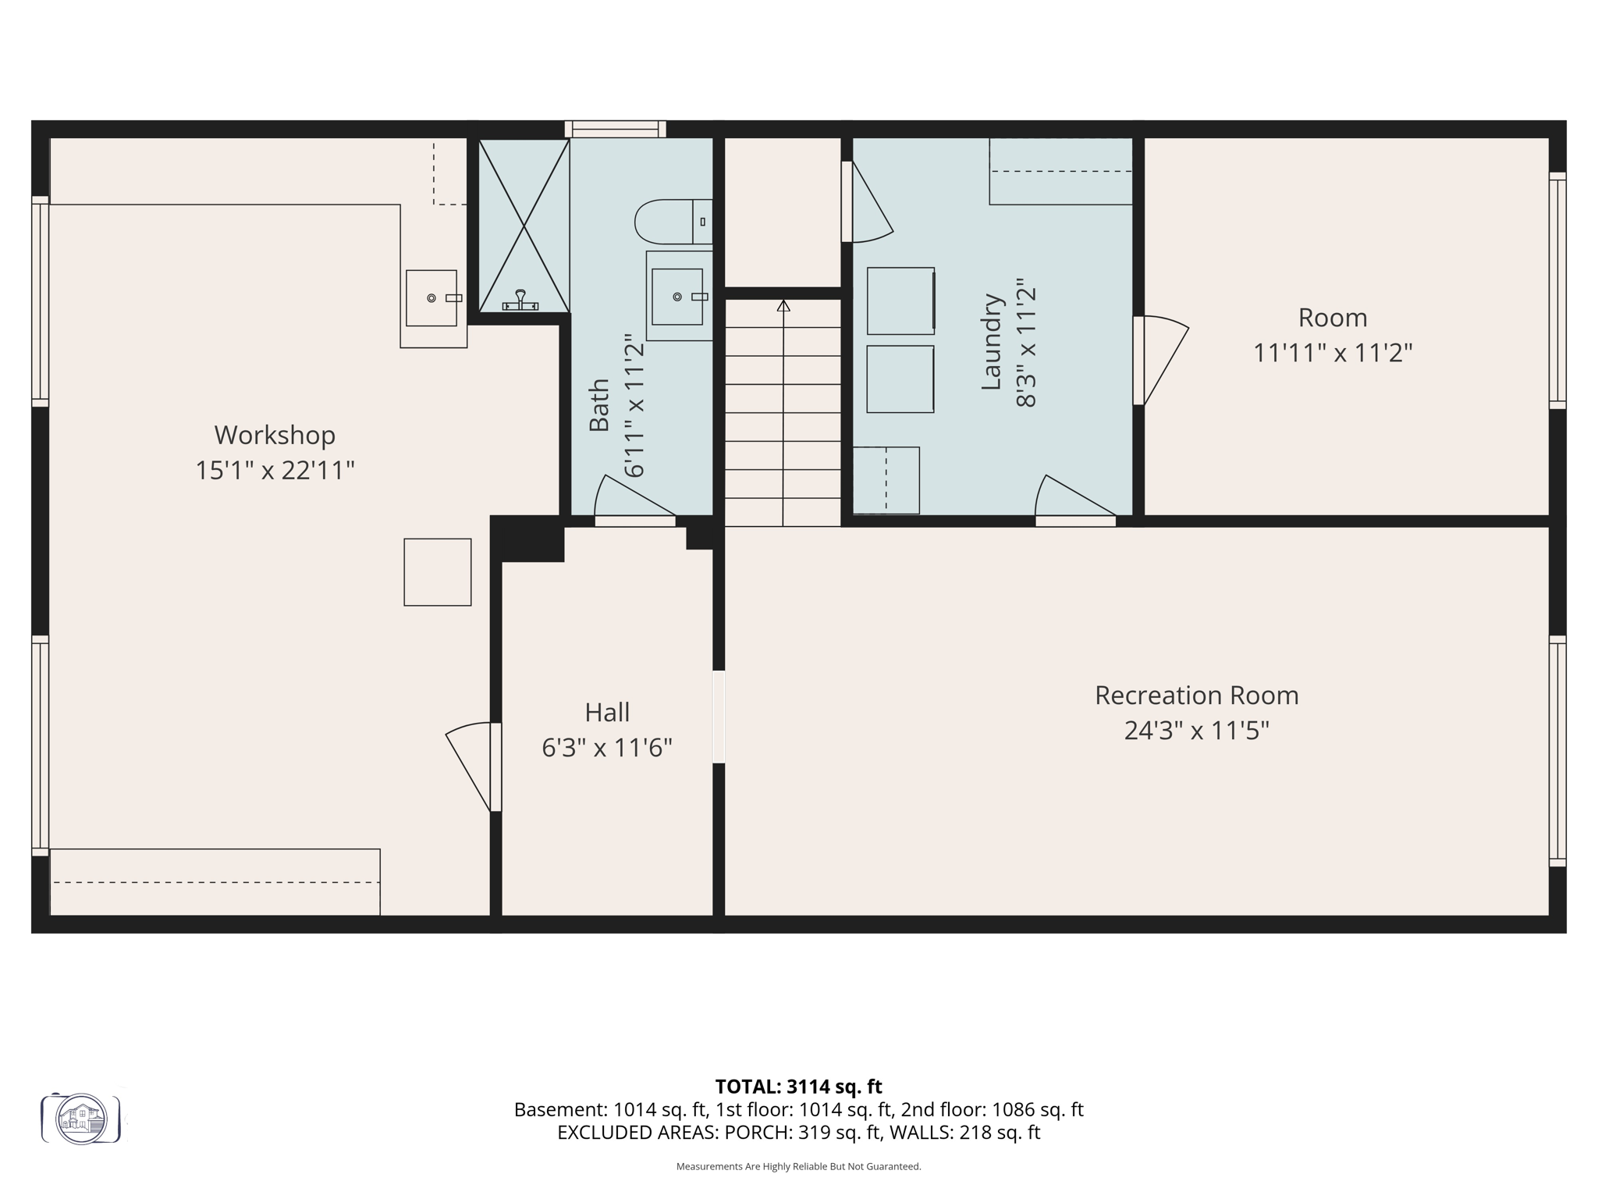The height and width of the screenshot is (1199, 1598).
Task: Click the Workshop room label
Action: (275, 435)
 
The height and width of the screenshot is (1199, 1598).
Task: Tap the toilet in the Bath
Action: (672, 222)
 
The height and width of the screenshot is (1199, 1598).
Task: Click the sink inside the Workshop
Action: (431, 298)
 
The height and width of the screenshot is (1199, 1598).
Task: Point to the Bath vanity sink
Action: (677, 297)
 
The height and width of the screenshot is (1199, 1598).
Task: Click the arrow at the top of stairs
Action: (783, 306)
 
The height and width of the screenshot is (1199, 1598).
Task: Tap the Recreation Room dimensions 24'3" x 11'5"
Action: (1196, 731)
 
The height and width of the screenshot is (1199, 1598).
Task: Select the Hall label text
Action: (607, 712)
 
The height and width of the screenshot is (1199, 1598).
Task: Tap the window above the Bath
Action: (615, 129)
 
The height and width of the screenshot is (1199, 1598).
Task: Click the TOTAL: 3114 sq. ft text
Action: (798, 1087)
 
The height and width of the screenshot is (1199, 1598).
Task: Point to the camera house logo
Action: (81, 1119)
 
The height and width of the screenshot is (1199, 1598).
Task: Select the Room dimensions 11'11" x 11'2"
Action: (1333, 353)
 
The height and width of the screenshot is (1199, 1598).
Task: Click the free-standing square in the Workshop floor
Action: (437, 572)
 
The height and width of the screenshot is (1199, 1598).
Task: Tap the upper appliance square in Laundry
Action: (900, 301)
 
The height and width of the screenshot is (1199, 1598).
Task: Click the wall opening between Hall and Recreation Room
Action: (719, 717)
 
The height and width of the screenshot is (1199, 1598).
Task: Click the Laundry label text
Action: (991, 342)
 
